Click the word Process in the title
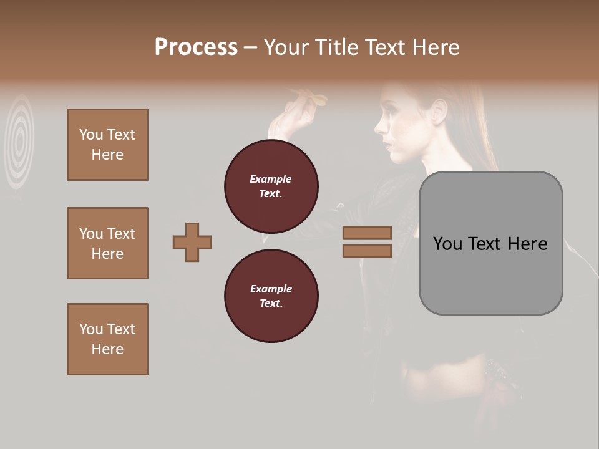click(x=196, y=47)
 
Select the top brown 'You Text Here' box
click(x=107, y=145)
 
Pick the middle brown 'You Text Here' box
click(x=107, y=243)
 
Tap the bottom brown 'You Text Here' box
click(x=107, y=339)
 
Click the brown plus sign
click(x=192, y=242)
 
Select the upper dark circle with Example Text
click(x=271, y=186)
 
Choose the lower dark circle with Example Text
click(x=271, y=296)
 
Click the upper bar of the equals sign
click(x=367, y=233)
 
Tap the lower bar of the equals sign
click(x=367, y=251)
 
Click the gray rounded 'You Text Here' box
click(x=490, y=243)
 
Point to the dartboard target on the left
click(x=19, y=142)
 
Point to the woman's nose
click(x=378, y=128)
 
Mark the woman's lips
click(x=387, y=145)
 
